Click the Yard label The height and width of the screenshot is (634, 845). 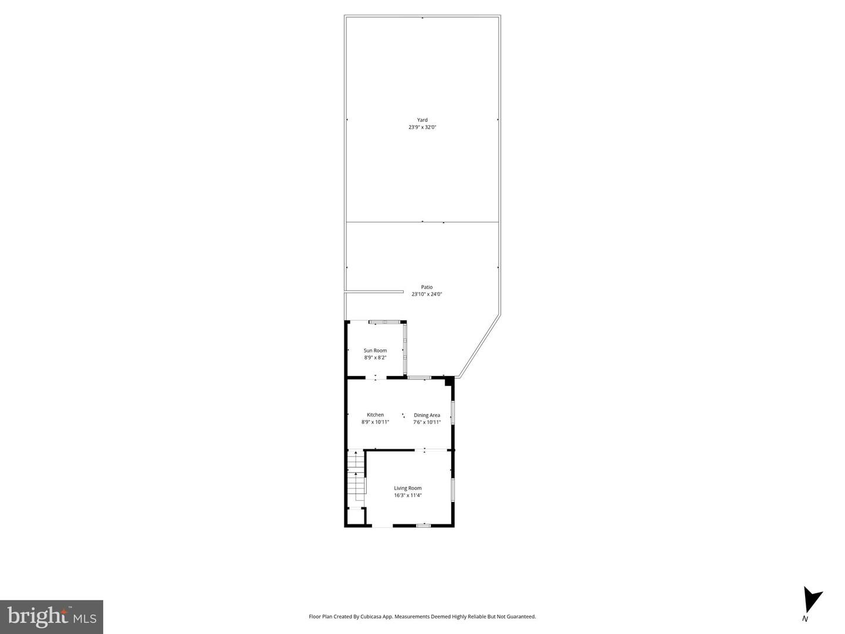[422, 120]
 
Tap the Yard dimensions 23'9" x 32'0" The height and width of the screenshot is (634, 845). [422, 127]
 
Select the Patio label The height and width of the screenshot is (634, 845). [427, 287]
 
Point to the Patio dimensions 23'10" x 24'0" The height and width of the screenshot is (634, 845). [427, 294]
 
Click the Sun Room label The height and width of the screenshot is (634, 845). [375, 351]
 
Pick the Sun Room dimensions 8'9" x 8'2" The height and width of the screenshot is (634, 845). [375, 357]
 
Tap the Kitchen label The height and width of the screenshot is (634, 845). [375, 415]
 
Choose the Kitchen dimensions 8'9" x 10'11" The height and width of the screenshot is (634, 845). [375, 422]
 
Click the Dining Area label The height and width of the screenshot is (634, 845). [427, 415]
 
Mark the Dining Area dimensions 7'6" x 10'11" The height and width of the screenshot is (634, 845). [427, 422]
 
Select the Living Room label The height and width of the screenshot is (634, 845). [407, 488]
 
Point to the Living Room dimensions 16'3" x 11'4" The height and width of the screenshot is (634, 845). [407, 495]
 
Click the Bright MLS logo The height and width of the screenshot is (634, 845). [52, 617]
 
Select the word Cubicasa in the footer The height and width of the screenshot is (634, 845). [364, 616]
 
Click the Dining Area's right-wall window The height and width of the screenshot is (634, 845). [452, 412]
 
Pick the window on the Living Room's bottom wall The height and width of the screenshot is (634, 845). [423, 525]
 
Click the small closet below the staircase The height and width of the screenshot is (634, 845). [355, 517]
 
